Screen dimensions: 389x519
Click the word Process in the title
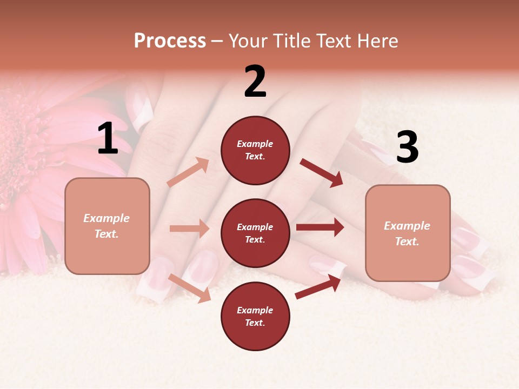click(x=170, y=41)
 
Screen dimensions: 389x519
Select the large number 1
click(x=108, y=139)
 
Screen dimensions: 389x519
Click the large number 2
click(x=255, y=82)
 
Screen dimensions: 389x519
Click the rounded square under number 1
click(x=107, y=226)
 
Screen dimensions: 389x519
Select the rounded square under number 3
click(x=408, y=233)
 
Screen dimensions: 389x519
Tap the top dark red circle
click(x=255, y=150)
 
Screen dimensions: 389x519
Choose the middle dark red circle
click(x=255, y=233)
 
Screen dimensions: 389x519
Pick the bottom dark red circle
click(x=255, y=316)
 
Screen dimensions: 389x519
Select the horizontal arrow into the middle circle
click(x=189, y=229)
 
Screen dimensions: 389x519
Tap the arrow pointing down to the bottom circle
click(x=190, y=287)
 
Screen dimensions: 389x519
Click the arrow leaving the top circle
click(x=321, y=173)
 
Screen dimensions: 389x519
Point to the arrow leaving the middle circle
click(x=320, y=227)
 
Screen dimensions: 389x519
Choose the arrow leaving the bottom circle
click(x=318, y=286)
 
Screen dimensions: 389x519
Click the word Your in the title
click(x=248, y=41)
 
